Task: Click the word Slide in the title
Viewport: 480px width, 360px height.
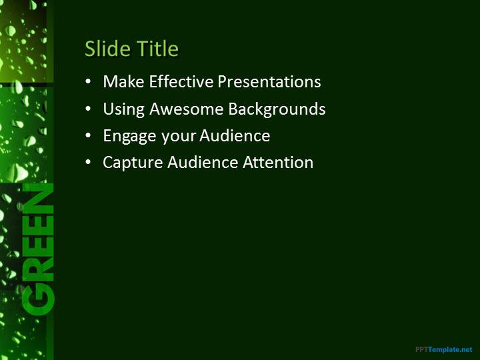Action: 108,49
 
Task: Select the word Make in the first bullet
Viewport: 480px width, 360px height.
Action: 123,81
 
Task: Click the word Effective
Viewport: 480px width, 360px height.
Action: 181,81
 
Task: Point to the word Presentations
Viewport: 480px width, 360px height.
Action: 269,81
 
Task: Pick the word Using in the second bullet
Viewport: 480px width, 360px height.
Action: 124,109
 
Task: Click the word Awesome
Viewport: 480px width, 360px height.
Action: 187,109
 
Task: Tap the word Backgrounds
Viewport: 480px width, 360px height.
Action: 277,109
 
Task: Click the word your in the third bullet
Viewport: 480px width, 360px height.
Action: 179,137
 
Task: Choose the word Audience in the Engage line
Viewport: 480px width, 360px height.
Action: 235,135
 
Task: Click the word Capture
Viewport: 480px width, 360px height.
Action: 133,163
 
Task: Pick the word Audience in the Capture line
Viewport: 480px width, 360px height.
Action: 203,162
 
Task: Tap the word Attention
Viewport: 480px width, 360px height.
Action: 278,162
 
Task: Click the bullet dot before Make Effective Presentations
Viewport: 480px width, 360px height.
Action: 88,82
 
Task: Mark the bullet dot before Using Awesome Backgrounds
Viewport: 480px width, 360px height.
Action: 88,109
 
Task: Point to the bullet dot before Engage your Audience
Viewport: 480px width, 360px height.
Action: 88,135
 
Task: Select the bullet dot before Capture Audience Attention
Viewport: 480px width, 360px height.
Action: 88,163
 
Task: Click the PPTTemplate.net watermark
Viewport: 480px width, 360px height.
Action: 444,349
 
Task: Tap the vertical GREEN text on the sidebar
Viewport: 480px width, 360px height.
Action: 38,249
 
